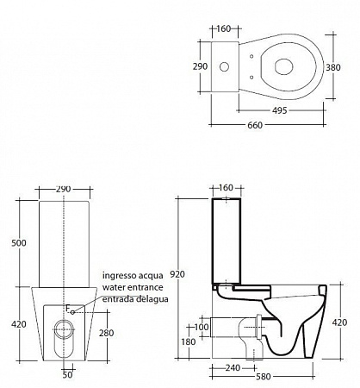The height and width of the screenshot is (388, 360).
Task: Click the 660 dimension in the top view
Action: (x=255, y=125)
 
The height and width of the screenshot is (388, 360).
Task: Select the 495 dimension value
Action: (x=280, y=110)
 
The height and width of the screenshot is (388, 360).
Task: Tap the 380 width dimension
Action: (x=333, y=67)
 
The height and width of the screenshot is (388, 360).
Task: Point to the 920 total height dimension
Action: (x=177, y=274)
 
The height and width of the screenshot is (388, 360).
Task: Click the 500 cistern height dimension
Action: (x=19, y=243)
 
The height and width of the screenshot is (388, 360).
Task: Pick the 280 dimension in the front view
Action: (x=107, y=333)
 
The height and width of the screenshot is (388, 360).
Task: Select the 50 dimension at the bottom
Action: (x=68, y=375)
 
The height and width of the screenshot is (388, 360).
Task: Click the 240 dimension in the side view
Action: (x=233, y=368)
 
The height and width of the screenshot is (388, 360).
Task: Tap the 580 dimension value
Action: (x=263, y=377)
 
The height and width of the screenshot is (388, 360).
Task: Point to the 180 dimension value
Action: (x=189, y=342)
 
